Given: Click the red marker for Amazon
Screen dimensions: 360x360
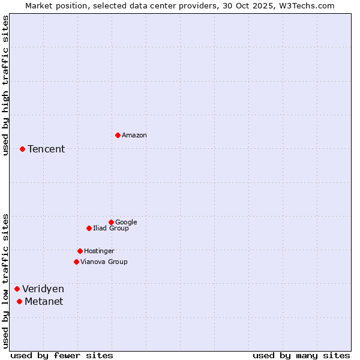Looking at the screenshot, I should pos(118,135).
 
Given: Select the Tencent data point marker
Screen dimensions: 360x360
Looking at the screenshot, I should pos(22,149).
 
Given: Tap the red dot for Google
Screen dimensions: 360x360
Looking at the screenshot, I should pos(111,222).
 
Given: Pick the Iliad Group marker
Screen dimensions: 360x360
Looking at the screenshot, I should pos(89,228).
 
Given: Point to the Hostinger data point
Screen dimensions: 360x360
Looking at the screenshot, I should pos(80,251).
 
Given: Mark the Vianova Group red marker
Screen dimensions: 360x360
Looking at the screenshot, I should pos(76,262).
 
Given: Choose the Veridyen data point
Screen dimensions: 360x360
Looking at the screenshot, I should pos(17,289).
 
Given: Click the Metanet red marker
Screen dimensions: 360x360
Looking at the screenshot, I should pos(19,301).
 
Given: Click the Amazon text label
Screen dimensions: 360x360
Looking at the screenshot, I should pos(134,135).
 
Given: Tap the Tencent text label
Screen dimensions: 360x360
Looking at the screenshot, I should pos(46,149).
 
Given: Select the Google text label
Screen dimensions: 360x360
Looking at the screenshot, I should pos(126,222).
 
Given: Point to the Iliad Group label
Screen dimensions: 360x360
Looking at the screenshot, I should pos(111,228).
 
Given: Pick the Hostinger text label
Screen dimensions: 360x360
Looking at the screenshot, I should pos(99,251).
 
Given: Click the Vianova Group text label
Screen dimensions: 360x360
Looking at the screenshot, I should pos(104,262).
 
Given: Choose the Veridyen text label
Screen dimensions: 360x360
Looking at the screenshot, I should pos(43,289).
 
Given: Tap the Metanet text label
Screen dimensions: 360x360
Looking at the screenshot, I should pos(44,301).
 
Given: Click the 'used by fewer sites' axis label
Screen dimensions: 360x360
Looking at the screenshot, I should pos(62,355).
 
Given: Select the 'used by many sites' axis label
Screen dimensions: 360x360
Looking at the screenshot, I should pos(301,355).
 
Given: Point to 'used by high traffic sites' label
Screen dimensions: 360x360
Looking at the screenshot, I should pos(5,85).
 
